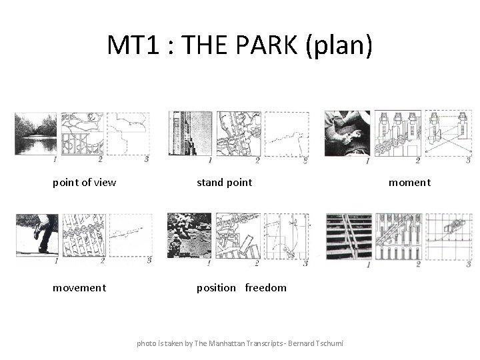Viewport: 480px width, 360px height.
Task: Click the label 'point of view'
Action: coord(84,182)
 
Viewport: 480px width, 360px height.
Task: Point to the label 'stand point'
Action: coord(224,182)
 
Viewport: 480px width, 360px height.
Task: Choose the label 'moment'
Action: coord(409,182)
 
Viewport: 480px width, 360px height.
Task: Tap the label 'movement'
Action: coord(79,287)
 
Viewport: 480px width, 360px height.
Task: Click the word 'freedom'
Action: coord(265,287)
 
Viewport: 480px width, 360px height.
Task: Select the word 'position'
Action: coord(216,287)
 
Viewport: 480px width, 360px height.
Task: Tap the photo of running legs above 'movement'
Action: coord(37,235)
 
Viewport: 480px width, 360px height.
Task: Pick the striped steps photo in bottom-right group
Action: coord(349,237)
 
